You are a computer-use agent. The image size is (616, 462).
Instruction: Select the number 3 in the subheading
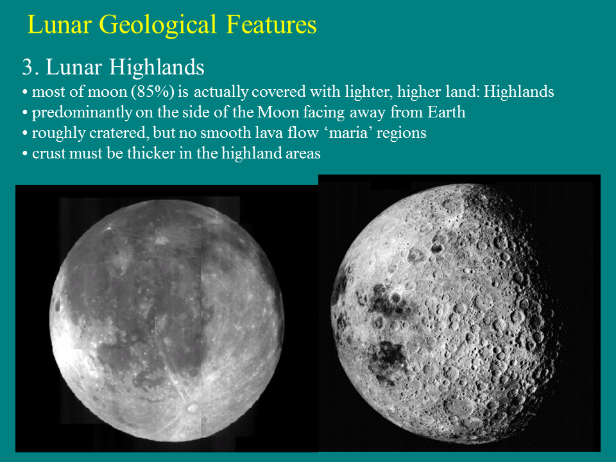[x=27, y=67]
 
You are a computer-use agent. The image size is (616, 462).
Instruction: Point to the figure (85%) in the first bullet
[x=153, y=92]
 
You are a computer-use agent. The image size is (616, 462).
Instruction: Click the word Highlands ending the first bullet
[x=518, y=92]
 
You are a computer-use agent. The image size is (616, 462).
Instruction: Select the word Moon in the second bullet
[x=275, y=112]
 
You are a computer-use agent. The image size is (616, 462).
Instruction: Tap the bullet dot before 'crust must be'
[x=24, y=155]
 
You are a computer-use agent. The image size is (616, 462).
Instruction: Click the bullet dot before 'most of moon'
[x=24, y=92]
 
